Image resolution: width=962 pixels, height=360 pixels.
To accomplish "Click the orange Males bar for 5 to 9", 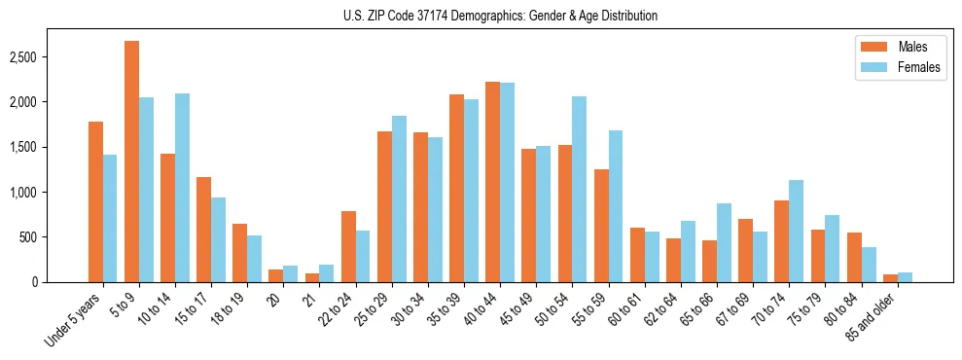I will click(131, 162).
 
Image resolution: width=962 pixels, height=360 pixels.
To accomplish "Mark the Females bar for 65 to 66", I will click(725, 242).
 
